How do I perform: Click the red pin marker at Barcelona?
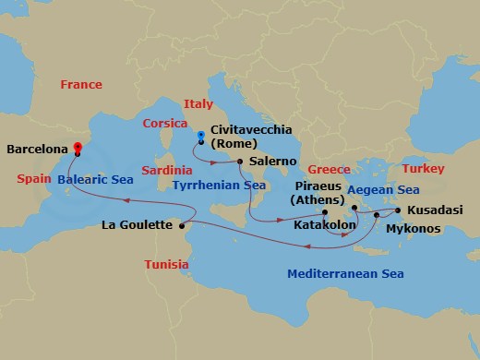(78, 147)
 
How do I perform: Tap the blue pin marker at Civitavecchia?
(200, 136)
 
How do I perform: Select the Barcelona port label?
(37, 148)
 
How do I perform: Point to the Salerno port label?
(273, 162)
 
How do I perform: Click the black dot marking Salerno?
(240, 162)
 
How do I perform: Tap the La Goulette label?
(138, 225)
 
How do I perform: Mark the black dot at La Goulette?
(183, 225)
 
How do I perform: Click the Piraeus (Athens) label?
(318, 193)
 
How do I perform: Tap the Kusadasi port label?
(438, 210)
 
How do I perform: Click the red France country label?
(81, 85)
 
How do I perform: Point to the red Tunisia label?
(167, 265)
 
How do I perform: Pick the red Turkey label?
(425, 169)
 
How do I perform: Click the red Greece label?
(329, 170)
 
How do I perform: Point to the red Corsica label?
(167, 123)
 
